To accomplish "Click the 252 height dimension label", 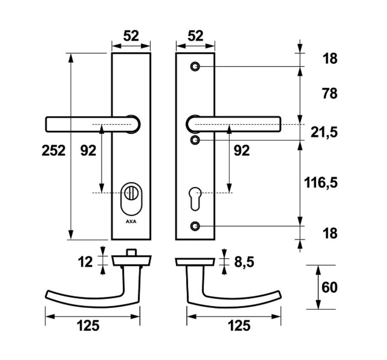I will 53,151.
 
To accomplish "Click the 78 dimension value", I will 330,93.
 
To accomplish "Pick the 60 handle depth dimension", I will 329,288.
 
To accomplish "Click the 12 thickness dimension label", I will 85,262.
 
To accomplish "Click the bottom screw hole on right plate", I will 195,226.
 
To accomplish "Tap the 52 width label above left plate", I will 131,36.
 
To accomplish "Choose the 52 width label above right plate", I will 195,36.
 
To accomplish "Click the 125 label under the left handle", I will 88,325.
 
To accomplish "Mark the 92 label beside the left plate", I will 88,151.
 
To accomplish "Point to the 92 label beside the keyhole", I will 242,151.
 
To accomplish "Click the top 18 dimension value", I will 330,59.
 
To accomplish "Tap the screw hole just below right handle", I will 195,141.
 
